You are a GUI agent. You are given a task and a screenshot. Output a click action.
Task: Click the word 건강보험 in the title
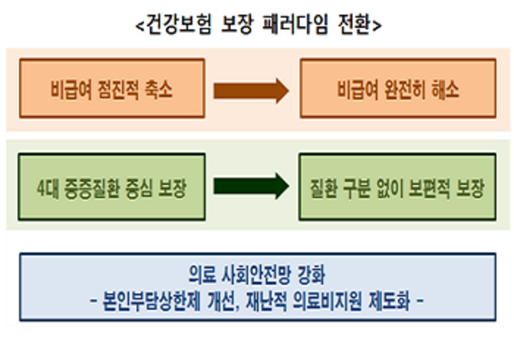click(178, 25)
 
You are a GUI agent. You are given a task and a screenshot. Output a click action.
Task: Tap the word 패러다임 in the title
click(295, 25)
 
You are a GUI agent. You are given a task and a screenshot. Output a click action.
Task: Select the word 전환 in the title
click(354, 25)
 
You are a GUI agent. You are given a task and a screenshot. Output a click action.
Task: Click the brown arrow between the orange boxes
click(251, 91)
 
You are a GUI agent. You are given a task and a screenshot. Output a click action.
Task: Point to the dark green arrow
click(251, 186)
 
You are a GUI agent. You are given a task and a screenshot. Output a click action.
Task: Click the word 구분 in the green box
click(356, 189)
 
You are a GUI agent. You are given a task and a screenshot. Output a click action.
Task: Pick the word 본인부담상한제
click(151, 301)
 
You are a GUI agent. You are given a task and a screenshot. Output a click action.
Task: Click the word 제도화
click(390, 301)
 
